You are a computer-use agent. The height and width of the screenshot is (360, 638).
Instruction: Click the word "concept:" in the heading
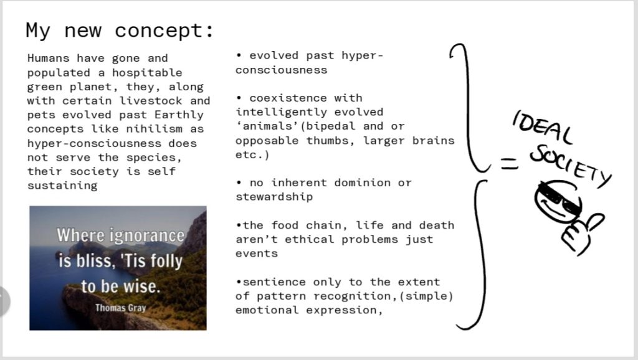pos(164,31)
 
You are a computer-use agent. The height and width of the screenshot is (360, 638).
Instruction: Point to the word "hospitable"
pos(147,73)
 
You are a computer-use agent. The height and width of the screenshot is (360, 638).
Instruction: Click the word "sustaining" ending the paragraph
pos(62,186)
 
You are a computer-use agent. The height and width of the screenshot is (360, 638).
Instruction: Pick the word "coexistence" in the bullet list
pos(288,98)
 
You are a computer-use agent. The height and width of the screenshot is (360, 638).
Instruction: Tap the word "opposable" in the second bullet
pos(267,141)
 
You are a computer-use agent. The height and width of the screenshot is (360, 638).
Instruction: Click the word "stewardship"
pos(274,197)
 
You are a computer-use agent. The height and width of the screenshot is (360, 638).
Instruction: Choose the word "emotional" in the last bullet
pos(267,310)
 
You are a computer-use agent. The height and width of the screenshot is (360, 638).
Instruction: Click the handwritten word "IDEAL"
pos(543,127)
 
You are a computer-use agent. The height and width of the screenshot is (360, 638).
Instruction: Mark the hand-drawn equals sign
pos(509,164)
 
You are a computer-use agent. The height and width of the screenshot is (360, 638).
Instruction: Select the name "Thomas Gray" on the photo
pos(120,308)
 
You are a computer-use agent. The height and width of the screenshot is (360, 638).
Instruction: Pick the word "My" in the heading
pos(38,31)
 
